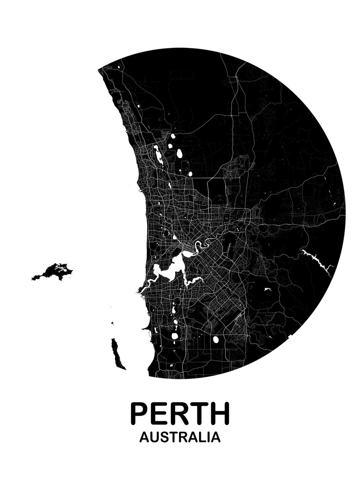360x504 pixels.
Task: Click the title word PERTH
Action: click(180, 414)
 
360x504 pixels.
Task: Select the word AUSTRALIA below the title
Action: click(180, 437)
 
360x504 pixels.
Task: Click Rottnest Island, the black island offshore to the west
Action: click(54, 272)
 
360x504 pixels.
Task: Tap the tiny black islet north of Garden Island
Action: click(113, 323)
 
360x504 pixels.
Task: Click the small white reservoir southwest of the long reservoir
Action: click(266, 289)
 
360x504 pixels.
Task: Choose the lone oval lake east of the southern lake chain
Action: click(216, 339)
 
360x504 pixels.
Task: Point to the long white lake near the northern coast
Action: click(159, 155)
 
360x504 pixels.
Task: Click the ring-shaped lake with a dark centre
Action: click(165, 233)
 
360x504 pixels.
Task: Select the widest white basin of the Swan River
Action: click(170, 271)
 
